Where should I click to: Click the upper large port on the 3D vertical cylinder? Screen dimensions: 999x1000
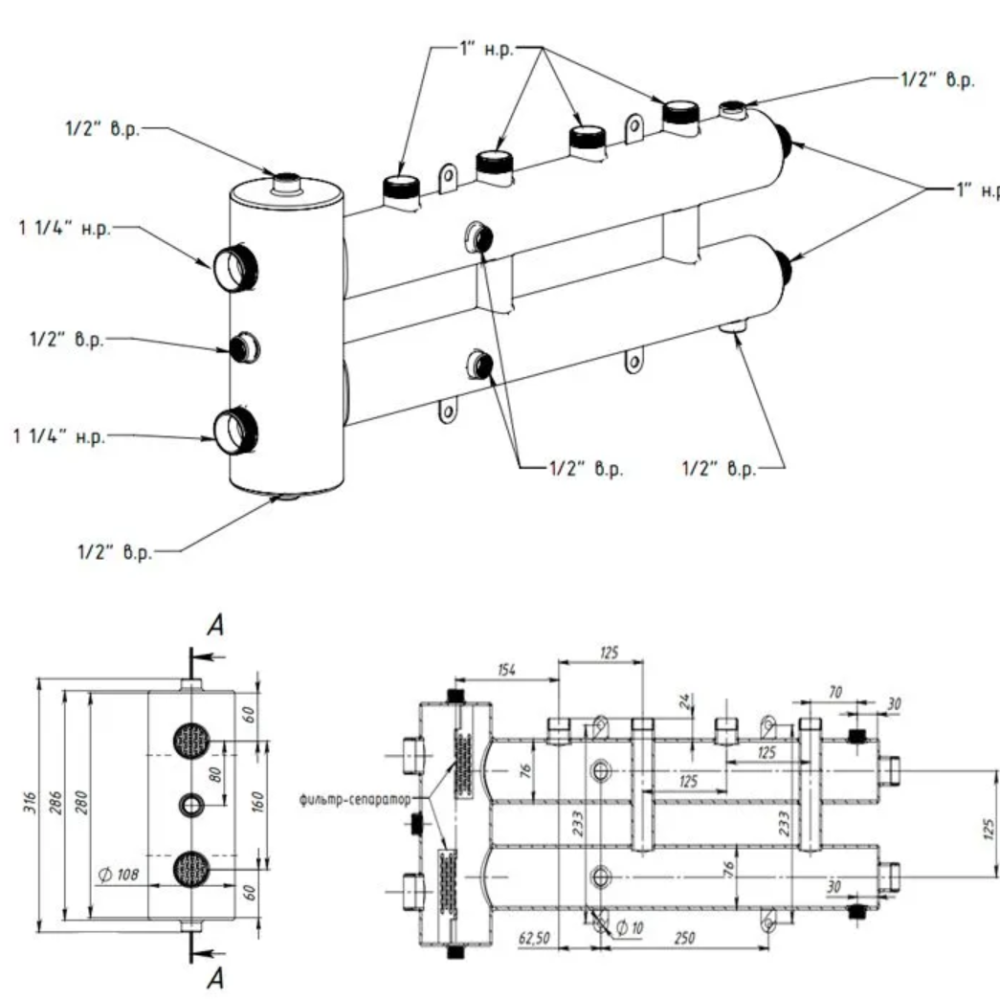pos(232,267)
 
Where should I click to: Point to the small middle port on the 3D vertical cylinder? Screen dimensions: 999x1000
pos(241,346)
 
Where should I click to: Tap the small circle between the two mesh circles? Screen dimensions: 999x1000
pos(191,805)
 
